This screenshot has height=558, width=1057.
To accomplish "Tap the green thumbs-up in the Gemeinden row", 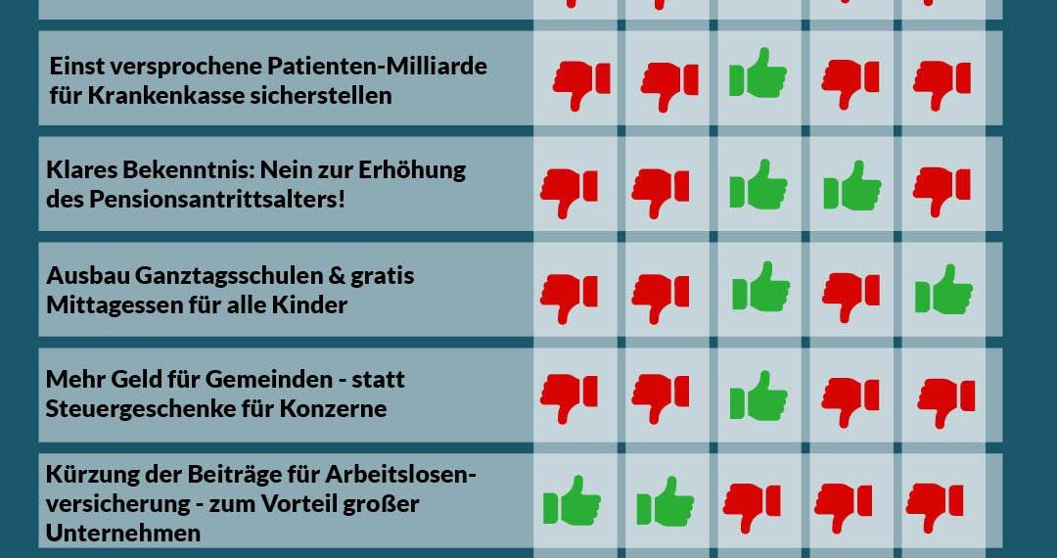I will pyautogui.click(x=758, y=396).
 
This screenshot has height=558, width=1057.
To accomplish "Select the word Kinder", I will pyautogui.click(x=313, y=304).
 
